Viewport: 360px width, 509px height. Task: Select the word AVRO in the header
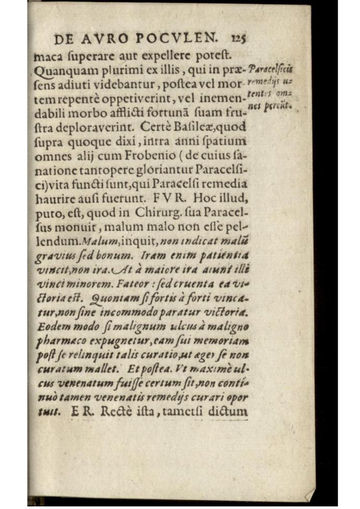pos(111,39)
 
